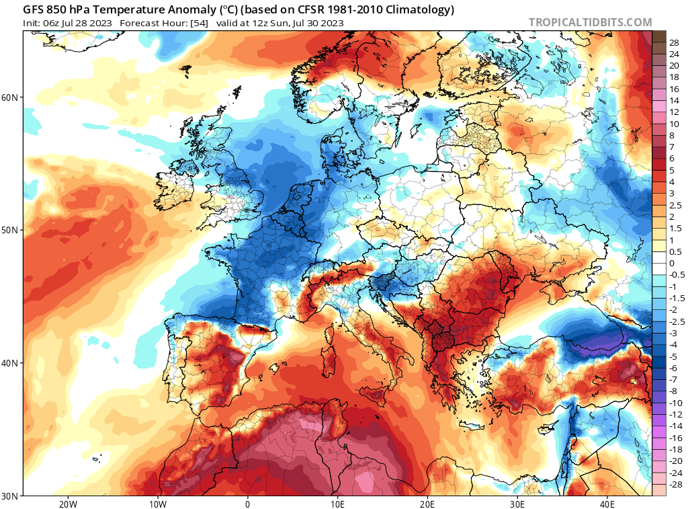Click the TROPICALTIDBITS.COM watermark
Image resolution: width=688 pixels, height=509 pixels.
pos(590,22)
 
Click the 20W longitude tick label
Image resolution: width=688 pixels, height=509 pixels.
pos(67,504)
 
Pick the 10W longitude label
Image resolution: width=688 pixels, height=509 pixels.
pos(157,504)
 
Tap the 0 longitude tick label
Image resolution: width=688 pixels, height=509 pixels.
pos(247,504)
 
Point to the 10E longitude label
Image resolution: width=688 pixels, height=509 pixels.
pos(337,504)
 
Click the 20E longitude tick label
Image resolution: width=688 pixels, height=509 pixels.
pos(427,504)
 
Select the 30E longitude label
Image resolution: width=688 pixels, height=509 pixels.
pos(517,504)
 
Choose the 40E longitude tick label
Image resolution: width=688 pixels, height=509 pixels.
pos(607,504)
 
